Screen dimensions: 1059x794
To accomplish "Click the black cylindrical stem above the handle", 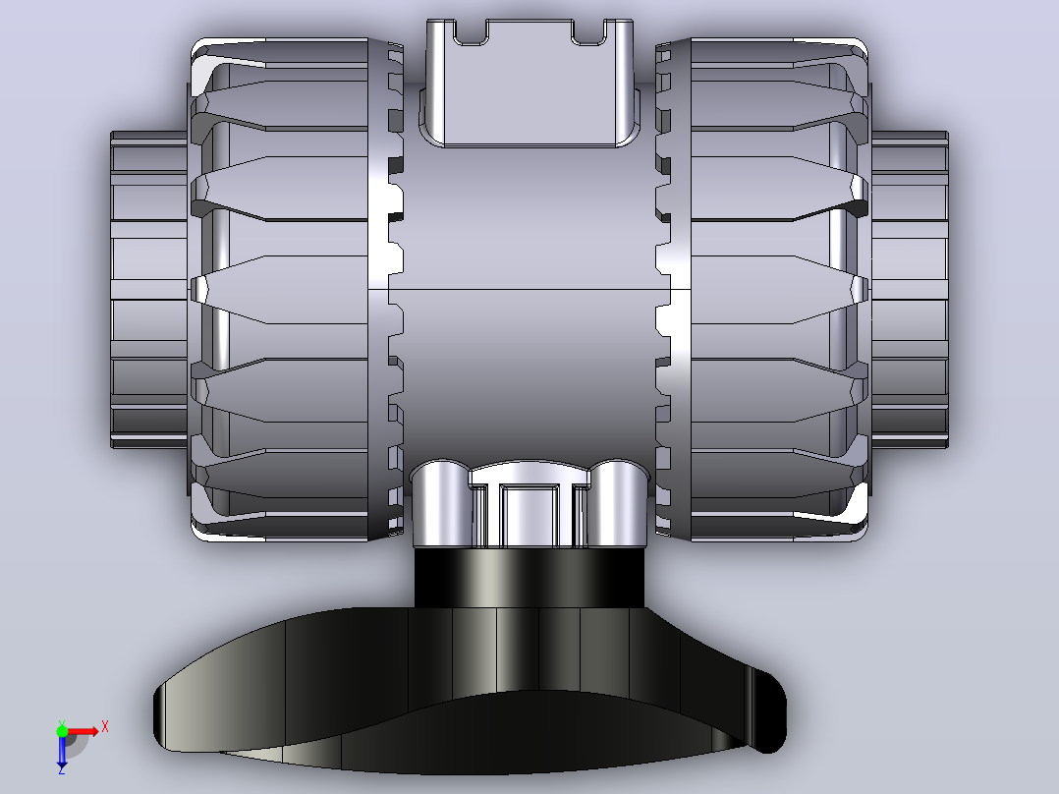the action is click(x=529, y=578).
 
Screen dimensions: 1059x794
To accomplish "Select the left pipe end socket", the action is click(x=149, y=289).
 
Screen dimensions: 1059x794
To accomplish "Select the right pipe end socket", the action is click(x=909, y=289).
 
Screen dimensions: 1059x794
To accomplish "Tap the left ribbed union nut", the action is click(x=280, y=289).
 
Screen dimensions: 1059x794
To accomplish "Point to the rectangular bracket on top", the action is click(x=529, y=84).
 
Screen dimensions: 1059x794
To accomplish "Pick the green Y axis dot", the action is click(x=62, y=730).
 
